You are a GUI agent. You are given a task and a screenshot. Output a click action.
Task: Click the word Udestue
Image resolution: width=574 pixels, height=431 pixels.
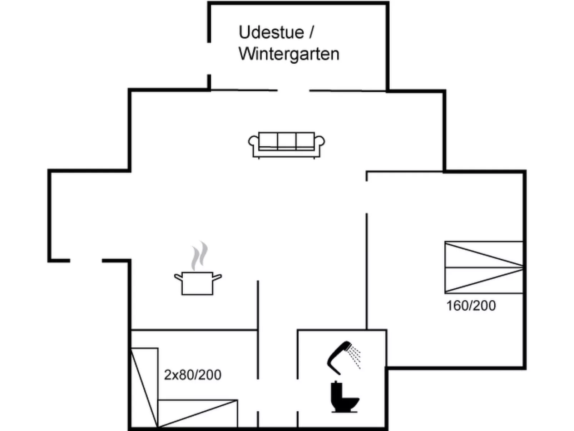[271, 33]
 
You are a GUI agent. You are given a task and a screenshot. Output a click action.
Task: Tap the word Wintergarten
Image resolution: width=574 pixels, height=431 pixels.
[289, 54]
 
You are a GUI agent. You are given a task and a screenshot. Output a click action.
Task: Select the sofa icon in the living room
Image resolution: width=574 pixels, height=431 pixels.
[287, 145]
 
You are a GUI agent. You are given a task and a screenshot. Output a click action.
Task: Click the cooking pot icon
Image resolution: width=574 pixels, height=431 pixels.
[198, 283]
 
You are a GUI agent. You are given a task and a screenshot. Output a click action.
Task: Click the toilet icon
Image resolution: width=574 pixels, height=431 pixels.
[344, 397]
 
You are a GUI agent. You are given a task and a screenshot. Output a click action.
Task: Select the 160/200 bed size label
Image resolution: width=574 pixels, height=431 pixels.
[471, 306]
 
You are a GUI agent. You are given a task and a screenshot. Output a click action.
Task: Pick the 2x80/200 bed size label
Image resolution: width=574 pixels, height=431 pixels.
[193, 375]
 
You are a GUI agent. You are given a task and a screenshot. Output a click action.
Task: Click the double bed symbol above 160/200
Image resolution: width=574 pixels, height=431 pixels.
[484, 268]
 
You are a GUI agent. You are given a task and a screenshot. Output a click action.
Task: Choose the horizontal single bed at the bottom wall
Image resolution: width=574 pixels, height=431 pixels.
[198, 413]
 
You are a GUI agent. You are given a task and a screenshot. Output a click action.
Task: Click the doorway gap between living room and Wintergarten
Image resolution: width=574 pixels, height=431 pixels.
[293, 90]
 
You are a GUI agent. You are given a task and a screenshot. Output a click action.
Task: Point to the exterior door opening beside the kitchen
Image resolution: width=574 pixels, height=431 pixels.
[86, 261]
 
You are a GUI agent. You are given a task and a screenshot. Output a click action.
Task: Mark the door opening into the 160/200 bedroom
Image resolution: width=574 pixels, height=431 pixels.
[367, 197]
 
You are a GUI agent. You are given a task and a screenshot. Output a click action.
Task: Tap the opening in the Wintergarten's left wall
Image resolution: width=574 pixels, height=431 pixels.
[209, 58]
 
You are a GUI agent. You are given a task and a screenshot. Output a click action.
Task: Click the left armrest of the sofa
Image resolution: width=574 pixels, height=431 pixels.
[253, 142]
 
